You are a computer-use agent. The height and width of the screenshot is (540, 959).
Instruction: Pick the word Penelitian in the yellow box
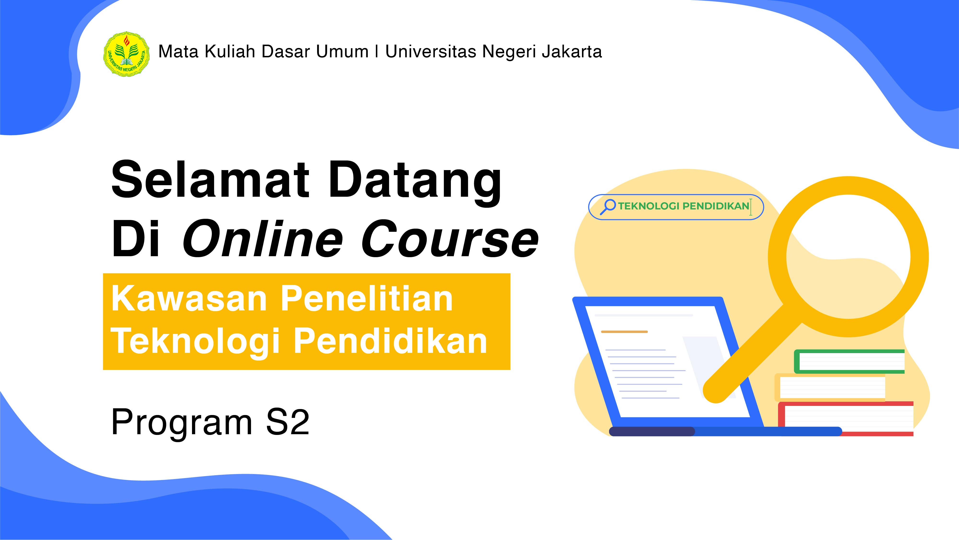click(x=367, y=299)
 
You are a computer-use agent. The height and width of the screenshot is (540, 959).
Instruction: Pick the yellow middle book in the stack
click(x=830, y=388)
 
